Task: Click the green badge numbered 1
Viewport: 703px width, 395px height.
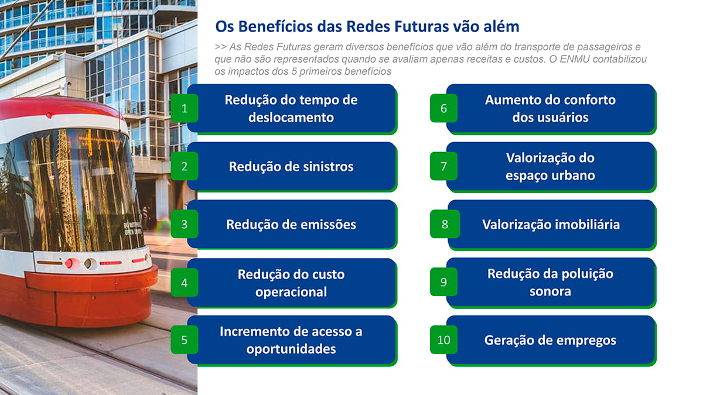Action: pos(184,108)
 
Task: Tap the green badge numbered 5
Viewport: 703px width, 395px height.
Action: pos(184,340)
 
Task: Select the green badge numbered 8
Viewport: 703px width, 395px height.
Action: pos(445,224)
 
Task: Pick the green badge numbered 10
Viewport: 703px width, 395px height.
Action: pos(444,340)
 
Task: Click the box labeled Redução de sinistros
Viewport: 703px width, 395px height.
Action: pos(292,166)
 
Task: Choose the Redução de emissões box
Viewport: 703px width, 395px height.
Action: pos(292,225)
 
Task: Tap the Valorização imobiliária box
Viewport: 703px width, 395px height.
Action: pos(552,225)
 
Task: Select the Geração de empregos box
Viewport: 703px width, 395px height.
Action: pos(551,341)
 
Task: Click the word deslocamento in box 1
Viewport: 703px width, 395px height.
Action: pos(291,118)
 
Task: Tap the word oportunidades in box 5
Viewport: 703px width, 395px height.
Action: pos(291,349)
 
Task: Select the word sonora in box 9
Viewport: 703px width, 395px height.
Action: pos(550,291)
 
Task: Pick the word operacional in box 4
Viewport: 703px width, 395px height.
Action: pos(291,292)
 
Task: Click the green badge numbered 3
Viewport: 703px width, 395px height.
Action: pos(184,224)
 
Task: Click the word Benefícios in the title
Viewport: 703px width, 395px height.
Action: pos(275,26)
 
